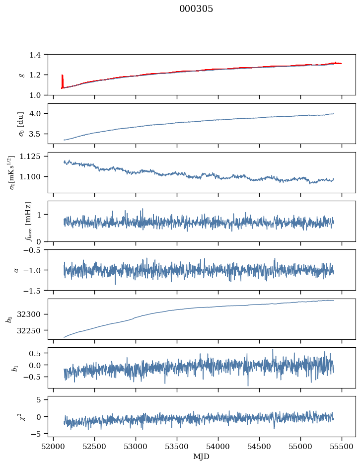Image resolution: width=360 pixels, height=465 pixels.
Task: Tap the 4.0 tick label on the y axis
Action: [x=38, y=114]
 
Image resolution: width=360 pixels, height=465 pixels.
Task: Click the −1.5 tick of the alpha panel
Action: [x=35, y=290]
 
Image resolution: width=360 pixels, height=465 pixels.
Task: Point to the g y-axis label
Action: [x=21, y=75]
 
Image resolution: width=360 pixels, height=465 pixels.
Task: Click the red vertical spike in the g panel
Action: [x=62, y=81]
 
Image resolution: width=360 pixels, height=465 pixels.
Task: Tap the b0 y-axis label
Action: [x=9, y=319]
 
